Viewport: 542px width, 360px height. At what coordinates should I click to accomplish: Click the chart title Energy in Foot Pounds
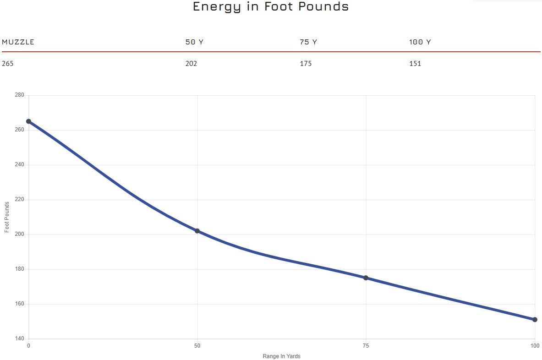click(271, 7)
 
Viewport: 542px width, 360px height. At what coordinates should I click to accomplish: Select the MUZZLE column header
click(18, 42)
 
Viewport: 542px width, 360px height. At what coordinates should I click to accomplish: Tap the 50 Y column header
click(194, 42)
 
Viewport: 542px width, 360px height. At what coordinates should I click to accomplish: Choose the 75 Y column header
click(308, 42)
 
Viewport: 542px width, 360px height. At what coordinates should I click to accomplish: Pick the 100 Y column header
click(420, 42)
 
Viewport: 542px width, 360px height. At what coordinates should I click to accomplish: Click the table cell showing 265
click(8, 64)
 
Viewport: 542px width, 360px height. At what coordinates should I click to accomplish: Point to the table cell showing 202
click(191, 64)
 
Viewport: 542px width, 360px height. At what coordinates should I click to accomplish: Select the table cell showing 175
click(306, 64)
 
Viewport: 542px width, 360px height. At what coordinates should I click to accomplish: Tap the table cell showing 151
click(415, 64)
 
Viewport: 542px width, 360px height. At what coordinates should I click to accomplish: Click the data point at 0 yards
click(28, 121)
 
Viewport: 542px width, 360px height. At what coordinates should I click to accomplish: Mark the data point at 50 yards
click(197, 231)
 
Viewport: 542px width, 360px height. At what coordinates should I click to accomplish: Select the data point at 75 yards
click(366, 278)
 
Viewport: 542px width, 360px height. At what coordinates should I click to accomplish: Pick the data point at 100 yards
click(535, 320)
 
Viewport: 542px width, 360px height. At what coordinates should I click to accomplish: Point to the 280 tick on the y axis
click(19, 95)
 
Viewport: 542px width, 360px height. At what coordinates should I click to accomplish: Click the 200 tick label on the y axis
click(19, 235)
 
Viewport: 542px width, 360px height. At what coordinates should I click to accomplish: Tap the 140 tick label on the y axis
click(19, 339)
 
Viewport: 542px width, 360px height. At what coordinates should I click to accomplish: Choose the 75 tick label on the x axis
click(366, 345)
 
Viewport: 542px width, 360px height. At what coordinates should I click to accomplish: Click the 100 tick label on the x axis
click(534, 345)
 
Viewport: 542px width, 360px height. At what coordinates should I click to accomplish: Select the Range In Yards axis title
click(281, 356)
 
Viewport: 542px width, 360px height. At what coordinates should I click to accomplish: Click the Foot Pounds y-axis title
click(7, 217)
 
